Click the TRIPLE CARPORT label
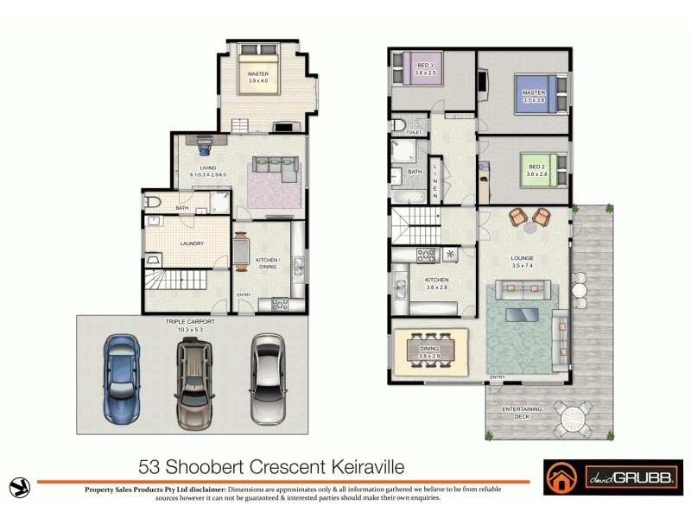point(189,322)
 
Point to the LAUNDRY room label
point(192,243)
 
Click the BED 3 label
point(425,70)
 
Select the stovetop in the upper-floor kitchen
point(426,256)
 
